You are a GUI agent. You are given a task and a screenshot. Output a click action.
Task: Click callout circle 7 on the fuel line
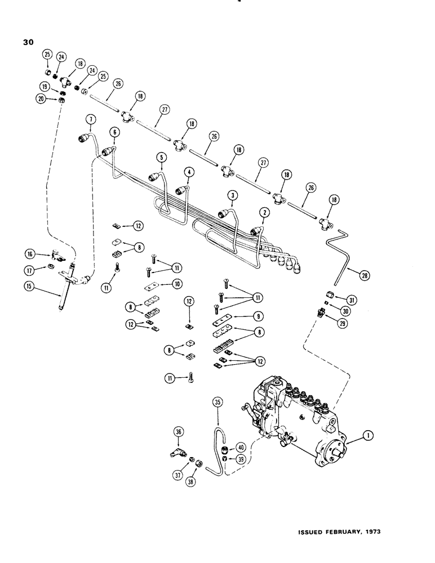pyautogui.click(x=89, y=118)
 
